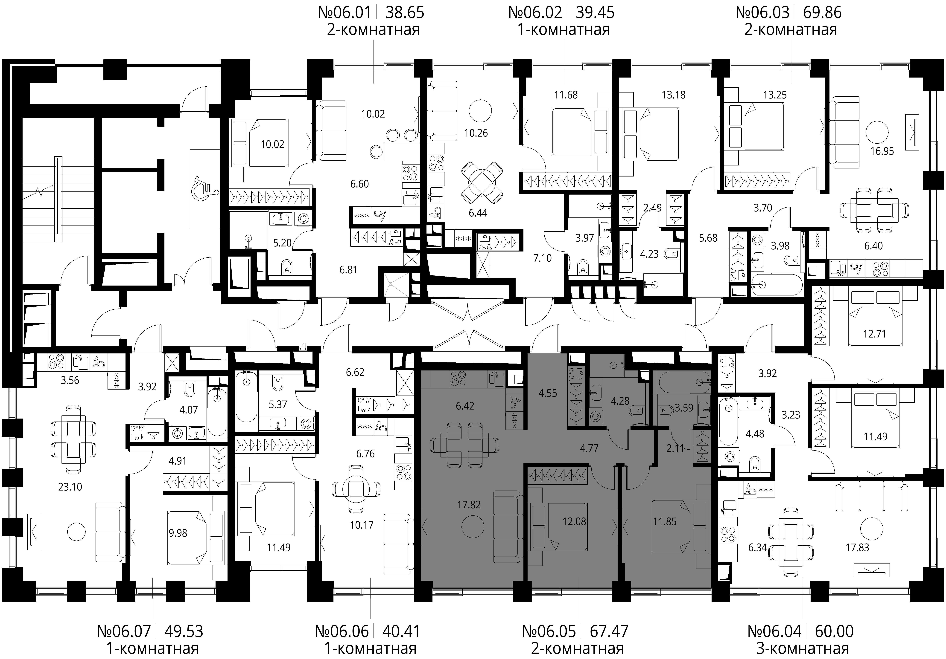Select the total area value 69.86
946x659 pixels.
coord(822,13)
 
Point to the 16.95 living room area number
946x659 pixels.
coord(882,151)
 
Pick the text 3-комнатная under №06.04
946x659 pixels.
coord(803,649)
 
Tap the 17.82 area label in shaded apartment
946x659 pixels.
coord(469,505)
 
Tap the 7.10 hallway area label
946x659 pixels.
coord(542,258)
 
